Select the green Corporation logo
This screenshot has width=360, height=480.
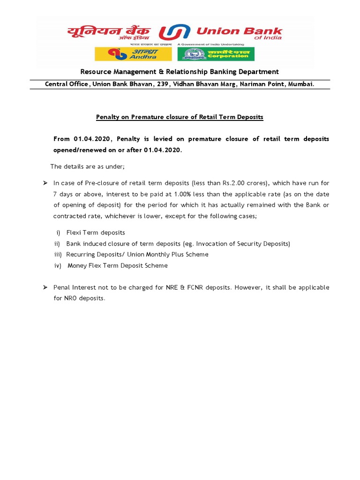pos(216,54)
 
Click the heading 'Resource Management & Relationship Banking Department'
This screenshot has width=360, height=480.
pos(180,72)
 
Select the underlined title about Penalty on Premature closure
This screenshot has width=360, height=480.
pos(180,117)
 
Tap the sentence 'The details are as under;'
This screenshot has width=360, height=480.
pos(87,167)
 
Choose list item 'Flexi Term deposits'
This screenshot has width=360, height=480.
pos(96,232)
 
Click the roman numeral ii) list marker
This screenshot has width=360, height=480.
pos(58,244)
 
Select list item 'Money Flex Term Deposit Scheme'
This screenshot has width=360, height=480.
pos(118,266)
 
